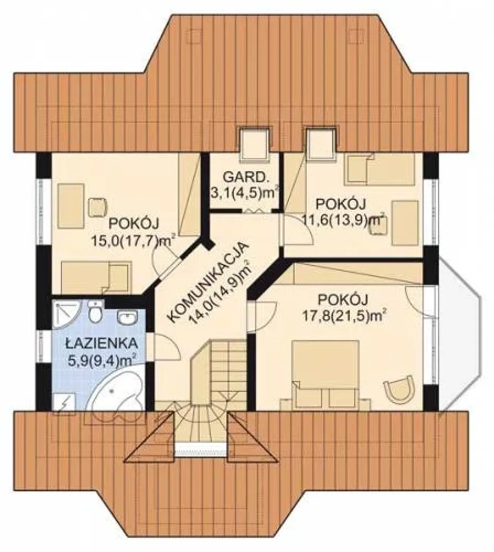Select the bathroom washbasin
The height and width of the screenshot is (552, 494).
(128, 318)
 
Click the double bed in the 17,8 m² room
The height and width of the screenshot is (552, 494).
(325, 375)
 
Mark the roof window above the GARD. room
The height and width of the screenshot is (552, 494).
(254, 143)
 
